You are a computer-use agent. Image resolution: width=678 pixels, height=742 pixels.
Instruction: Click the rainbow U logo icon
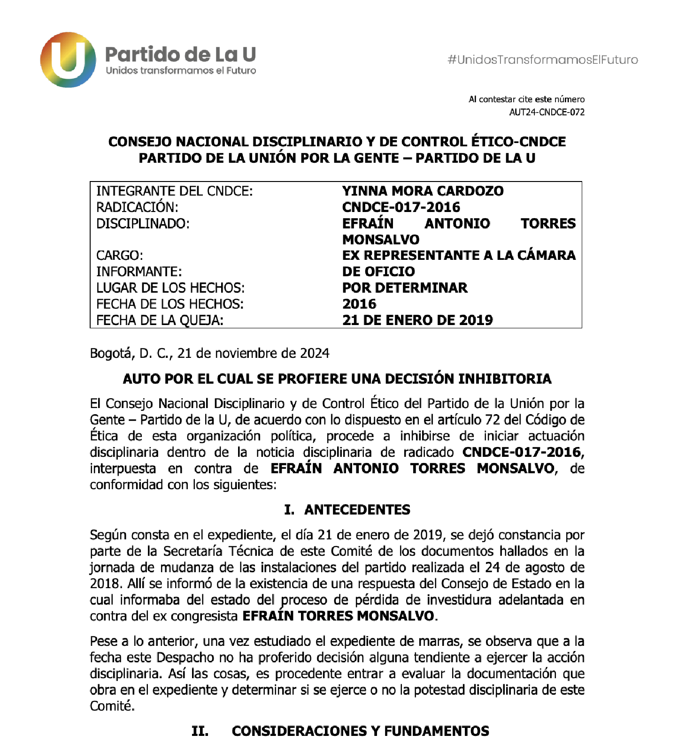[x=68, y=60]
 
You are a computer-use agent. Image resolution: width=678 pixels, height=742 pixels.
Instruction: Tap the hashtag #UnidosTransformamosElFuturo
[x=543, y=60]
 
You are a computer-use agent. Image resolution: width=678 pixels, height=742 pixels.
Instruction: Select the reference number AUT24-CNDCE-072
[x=547, y=112]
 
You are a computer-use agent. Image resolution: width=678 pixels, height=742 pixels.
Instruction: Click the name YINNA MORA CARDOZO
[x=423, y=191]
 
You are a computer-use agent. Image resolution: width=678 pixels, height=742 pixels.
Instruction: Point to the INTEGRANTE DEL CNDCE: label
[x=174, y=191]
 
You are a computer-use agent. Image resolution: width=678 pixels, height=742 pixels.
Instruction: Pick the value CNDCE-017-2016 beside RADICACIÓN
[x=401, y=207]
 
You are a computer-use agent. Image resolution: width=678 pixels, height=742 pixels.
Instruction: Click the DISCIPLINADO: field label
[x=143, y=223]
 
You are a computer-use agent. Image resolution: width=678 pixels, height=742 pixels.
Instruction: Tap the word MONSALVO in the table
[x=381, y=240]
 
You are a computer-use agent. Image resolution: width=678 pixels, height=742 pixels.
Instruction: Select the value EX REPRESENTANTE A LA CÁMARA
[x=459, y=255]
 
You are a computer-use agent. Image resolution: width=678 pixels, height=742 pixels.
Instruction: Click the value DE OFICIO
[x=378, y=272]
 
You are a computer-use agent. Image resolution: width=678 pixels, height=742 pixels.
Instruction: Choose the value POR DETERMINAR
[x=405, y=288]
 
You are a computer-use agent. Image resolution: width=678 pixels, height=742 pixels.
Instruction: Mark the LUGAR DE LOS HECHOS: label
[x=170, y=288]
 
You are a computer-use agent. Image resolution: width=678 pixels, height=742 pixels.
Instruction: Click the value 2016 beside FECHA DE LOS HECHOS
[x=359, y=304]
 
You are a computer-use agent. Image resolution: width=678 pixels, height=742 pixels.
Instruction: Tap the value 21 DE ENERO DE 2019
[x=417, y=320]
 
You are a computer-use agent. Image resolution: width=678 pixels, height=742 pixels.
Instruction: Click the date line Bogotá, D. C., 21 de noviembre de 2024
[x=209, y=353]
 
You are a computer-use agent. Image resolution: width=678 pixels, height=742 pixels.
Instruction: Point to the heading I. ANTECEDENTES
[x=347, y=509]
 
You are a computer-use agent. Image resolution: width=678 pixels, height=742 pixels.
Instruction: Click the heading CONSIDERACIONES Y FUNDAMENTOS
[x=360, y=731]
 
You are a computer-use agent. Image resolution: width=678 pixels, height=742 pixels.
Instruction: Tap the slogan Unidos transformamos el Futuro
[x=181, y=71]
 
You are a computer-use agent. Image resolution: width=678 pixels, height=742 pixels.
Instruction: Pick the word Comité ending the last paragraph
[x=112, y=706]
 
